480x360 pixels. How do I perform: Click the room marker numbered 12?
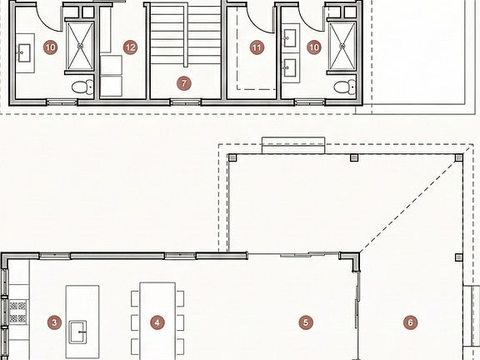[x=129, y=47]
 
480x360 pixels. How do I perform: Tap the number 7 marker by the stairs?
[x=183, y=82]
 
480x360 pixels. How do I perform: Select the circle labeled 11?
[x=256, y=47]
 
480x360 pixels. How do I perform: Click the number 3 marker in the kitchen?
[x=54, y=322]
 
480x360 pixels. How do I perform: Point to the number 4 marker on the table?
[x=157, y=322]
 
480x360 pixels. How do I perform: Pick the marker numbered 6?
[x=409, y=322]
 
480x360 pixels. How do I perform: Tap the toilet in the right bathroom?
[x=342, y=86]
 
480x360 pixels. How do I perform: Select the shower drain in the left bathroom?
[x=82, y=47]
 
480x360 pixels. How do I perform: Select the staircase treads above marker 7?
[x=183, y=37]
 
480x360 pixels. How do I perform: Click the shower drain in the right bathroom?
[x=342, y=47]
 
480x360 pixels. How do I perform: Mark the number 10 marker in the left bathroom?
[x=50, y=47]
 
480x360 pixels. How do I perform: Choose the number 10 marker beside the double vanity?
[x=313, y=47]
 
